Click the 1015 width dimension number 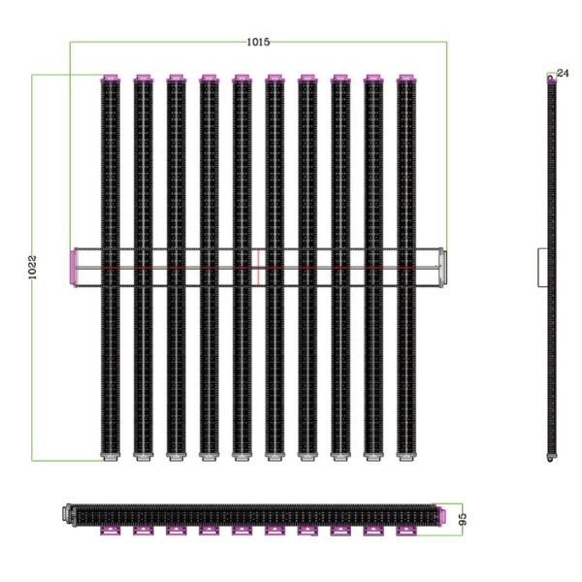click(x=257, y=42)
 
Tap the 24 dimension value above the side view click(x=563, y=74)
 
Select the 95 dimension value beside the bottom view click(x=463, y=518)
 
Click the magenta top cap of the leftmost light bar click(x=111, y=78)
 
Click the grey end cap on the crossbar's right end click(x=442, y=266)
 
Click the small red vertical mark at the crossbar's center click(x=259, y=269)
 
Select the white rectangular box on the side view click(x=543, y=267)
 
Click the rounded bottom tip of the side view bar click(x=552, y=456)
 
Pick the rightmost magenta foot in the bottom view click(x=406, y=530)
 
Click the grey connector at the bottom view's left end click(x=67, y=513)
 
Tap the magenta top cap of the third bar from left click(x=176, y=78)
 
